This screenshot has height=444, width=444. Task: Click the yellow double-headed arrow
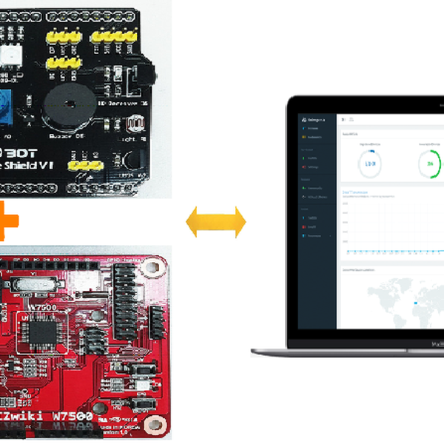click(x=215, y=222)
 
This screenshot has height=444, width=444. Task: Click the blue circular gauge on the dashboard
click(x=369, y=164)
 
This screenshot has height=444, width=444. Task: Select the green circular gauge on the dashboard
click(x=429, y=164)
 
